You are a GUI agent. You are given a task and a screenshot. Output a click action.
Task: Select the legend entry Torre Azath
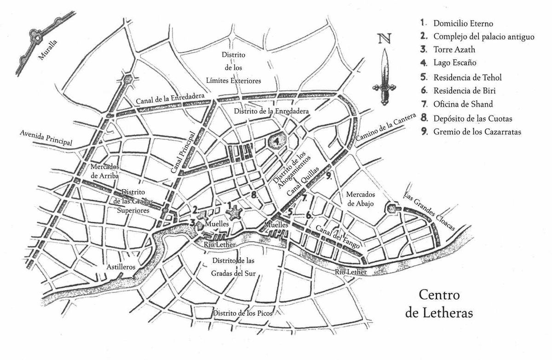pos(454,50)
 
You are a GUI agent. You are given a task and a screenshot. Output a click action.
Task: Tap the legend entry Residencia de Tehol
pos(467,77)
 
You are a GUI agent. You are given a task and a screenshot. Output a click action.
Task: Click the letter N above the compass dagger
pos(385,38)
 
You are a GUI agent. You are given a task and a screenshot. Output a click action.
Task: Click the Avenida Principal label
pos(46,138)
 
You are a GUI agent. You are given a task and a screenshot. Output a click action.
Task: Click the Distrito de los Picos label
pos(242,313)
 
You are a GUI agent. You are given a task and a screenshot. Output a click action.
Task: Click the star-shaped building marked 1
pos(234,213)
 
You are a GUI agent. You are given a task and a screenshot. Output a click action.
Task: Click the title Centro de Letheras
pos(439,304)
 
